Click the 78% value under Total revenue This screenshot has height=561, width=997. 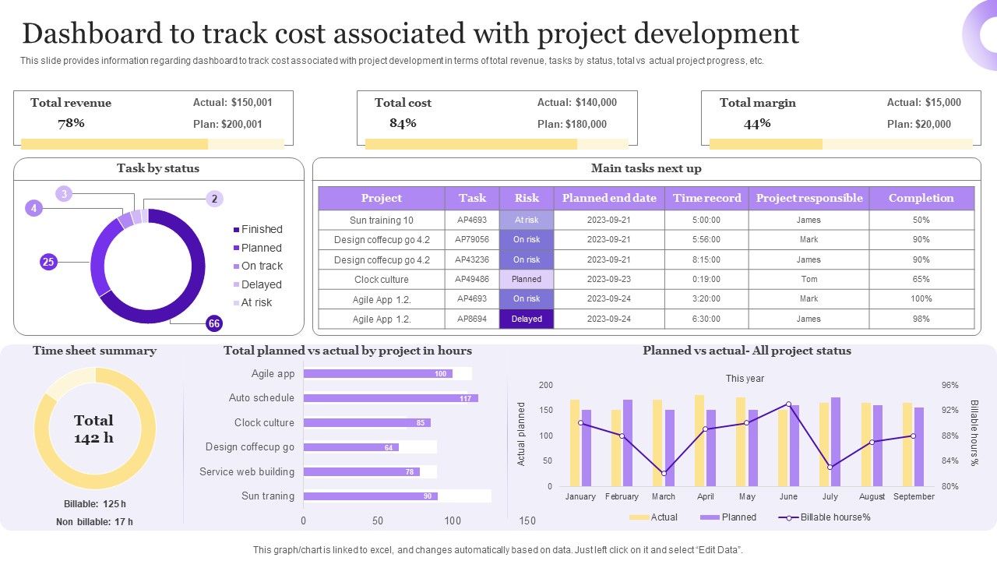pos(71,123)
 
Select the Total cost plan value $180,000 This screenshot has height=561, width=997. pos(572,124)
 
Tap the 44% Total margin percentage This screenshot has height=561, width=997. pos(757,123)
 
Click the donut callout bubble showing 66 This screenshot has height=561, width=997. pos(214,323)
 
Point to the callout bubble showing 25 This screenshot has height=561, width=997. pos(48,262)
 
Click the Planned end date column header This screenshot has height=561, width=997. pos(609,198)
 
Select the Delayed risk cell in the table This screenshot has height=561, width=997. pos(527,319)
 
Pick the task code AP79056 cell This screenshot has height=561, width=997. pos(472,240)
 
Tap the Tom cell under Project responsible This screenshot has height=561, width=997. pos(809,279)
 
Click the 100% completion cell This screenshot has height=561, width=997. pos(921,298)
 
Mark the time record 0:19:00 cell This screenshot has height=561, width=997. pos(706,279)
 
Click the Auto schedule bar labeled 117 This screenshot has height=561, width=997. pos(390,398)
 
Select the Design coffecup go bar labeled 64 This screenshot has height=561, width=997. pos(351,447)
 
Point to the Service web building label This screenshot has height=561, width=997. pos(247,471)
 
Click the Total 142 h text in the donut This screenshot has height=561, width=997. pos(93,429)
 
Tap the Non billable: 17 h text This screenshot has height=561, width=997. pos(94,522)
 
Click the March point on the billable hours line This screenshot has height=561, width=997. pos(664,473)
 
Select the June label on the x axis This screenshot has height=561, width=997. pos(788,496)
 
